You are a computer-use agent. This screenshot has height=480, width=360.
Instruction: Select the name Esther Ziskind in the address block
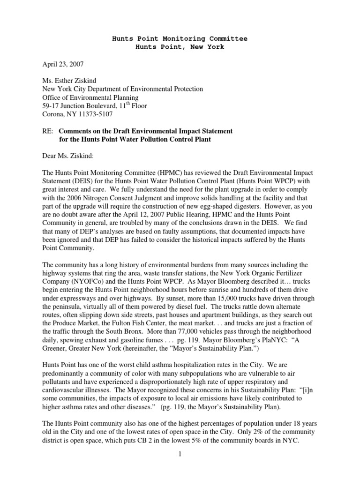[78, 80]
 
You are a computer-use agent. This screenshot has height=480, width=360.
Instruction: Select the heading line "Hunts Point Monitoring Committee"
[180, 38]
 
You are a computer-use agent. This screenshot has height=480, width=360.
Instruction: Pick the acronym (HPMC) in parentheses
[165, 170]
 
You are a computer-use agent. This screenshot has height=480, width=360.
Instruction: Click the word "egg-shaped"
[231, 197]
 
